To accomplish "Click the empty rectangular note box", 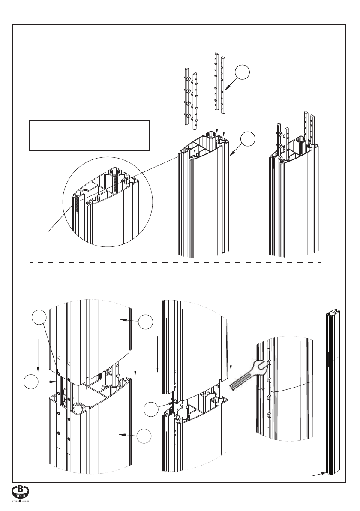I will tap(89, 135).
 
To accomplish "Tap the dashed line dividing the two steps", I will tap(176, 262).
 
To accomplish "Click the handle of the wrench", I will tap(239, 382).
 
